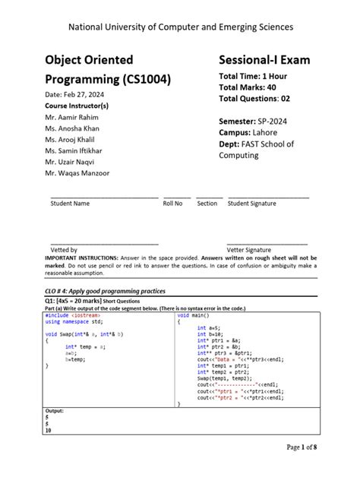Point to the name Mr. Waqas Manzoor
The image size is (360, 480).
coord(77,173)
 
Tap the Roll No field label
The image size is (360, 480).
coord(173,204)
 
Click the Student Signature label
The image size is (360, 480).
coord(252,204)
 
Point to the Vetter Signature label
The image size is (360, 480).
coord(248,250)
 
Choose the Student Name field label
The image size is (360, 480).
coord(70,204)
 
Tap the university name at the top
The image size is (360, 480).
coord(181,27)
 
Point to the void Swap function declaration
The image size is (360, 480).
coord(84,334)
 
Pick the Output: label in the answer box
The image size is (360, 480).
coord(56,411)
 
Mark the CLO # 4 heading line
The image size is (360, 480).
coord(105,292)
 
